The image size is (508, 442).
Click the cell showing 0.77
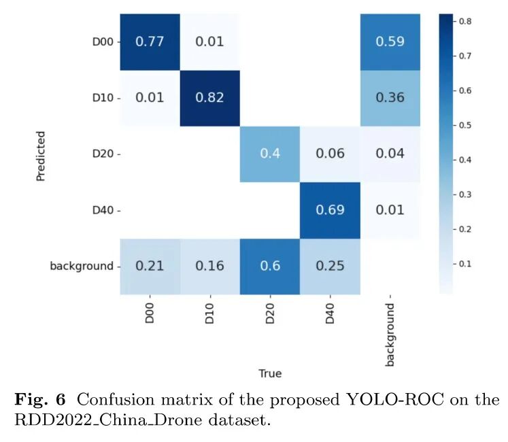150,41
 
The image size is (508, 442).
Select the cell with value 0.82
210,97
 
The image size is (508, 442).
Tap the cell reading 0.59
390,41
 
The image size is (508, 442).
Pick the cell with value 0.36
390,97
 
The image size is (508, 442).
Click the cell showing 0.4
269,154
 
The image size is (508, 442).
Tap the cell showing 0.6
269,266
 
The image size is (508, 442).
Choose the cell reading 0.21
150,266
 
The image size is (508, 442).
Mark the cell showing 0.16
210,266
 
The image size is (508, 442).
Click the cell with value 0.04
390,154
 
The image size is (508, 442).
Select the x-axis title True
270,373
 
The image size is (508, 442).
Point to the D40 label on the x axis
330,315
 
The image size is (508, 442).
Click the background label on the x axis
390,335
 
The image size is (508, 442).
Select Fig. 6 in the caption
38,400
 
